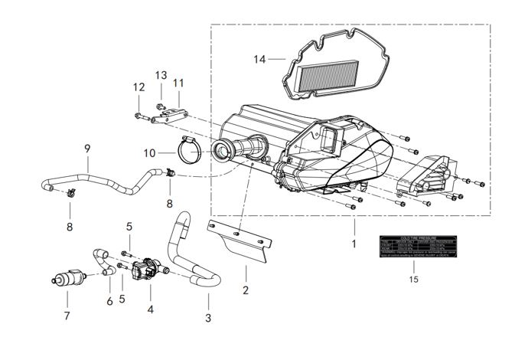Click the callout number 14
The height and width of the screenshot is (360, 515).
click(259, 58)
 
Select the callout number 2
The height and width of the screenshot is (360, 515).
click(246, 291)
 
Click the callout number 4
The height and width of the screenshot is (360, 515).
click(151, 309)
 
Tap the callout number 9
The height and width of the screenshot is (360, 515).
click(87, 146)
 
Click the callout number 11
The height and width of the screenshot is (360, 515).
click(178, 83)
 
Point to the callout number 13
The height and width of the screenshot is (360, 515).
click(161, 75)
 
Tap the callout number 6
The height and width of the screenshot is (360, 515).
click(109, 301)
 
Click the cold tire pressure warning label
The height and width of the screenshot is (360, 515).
click(414, 245)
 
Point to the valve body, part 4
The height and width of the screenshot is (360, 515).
click(148, 270)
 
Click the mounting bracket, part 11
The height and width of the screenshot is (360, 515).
click(169, 115)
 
